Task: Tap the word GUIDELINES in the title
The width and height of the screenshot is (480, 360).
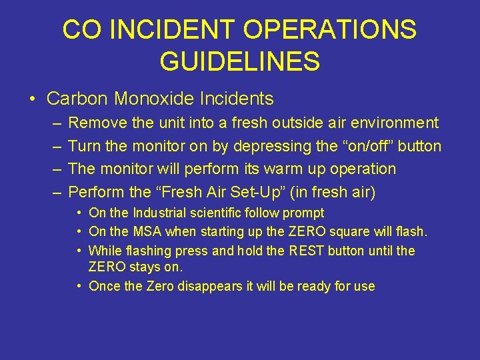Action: pyautogui.click(x=239, y=62)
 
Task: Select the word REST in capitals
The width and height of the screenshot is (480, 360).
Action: pyautogui.click(x=305, y=251)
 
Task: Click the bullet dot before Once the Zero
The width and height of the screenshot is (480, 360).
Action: pyautogui.click(x=79, y=287)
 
